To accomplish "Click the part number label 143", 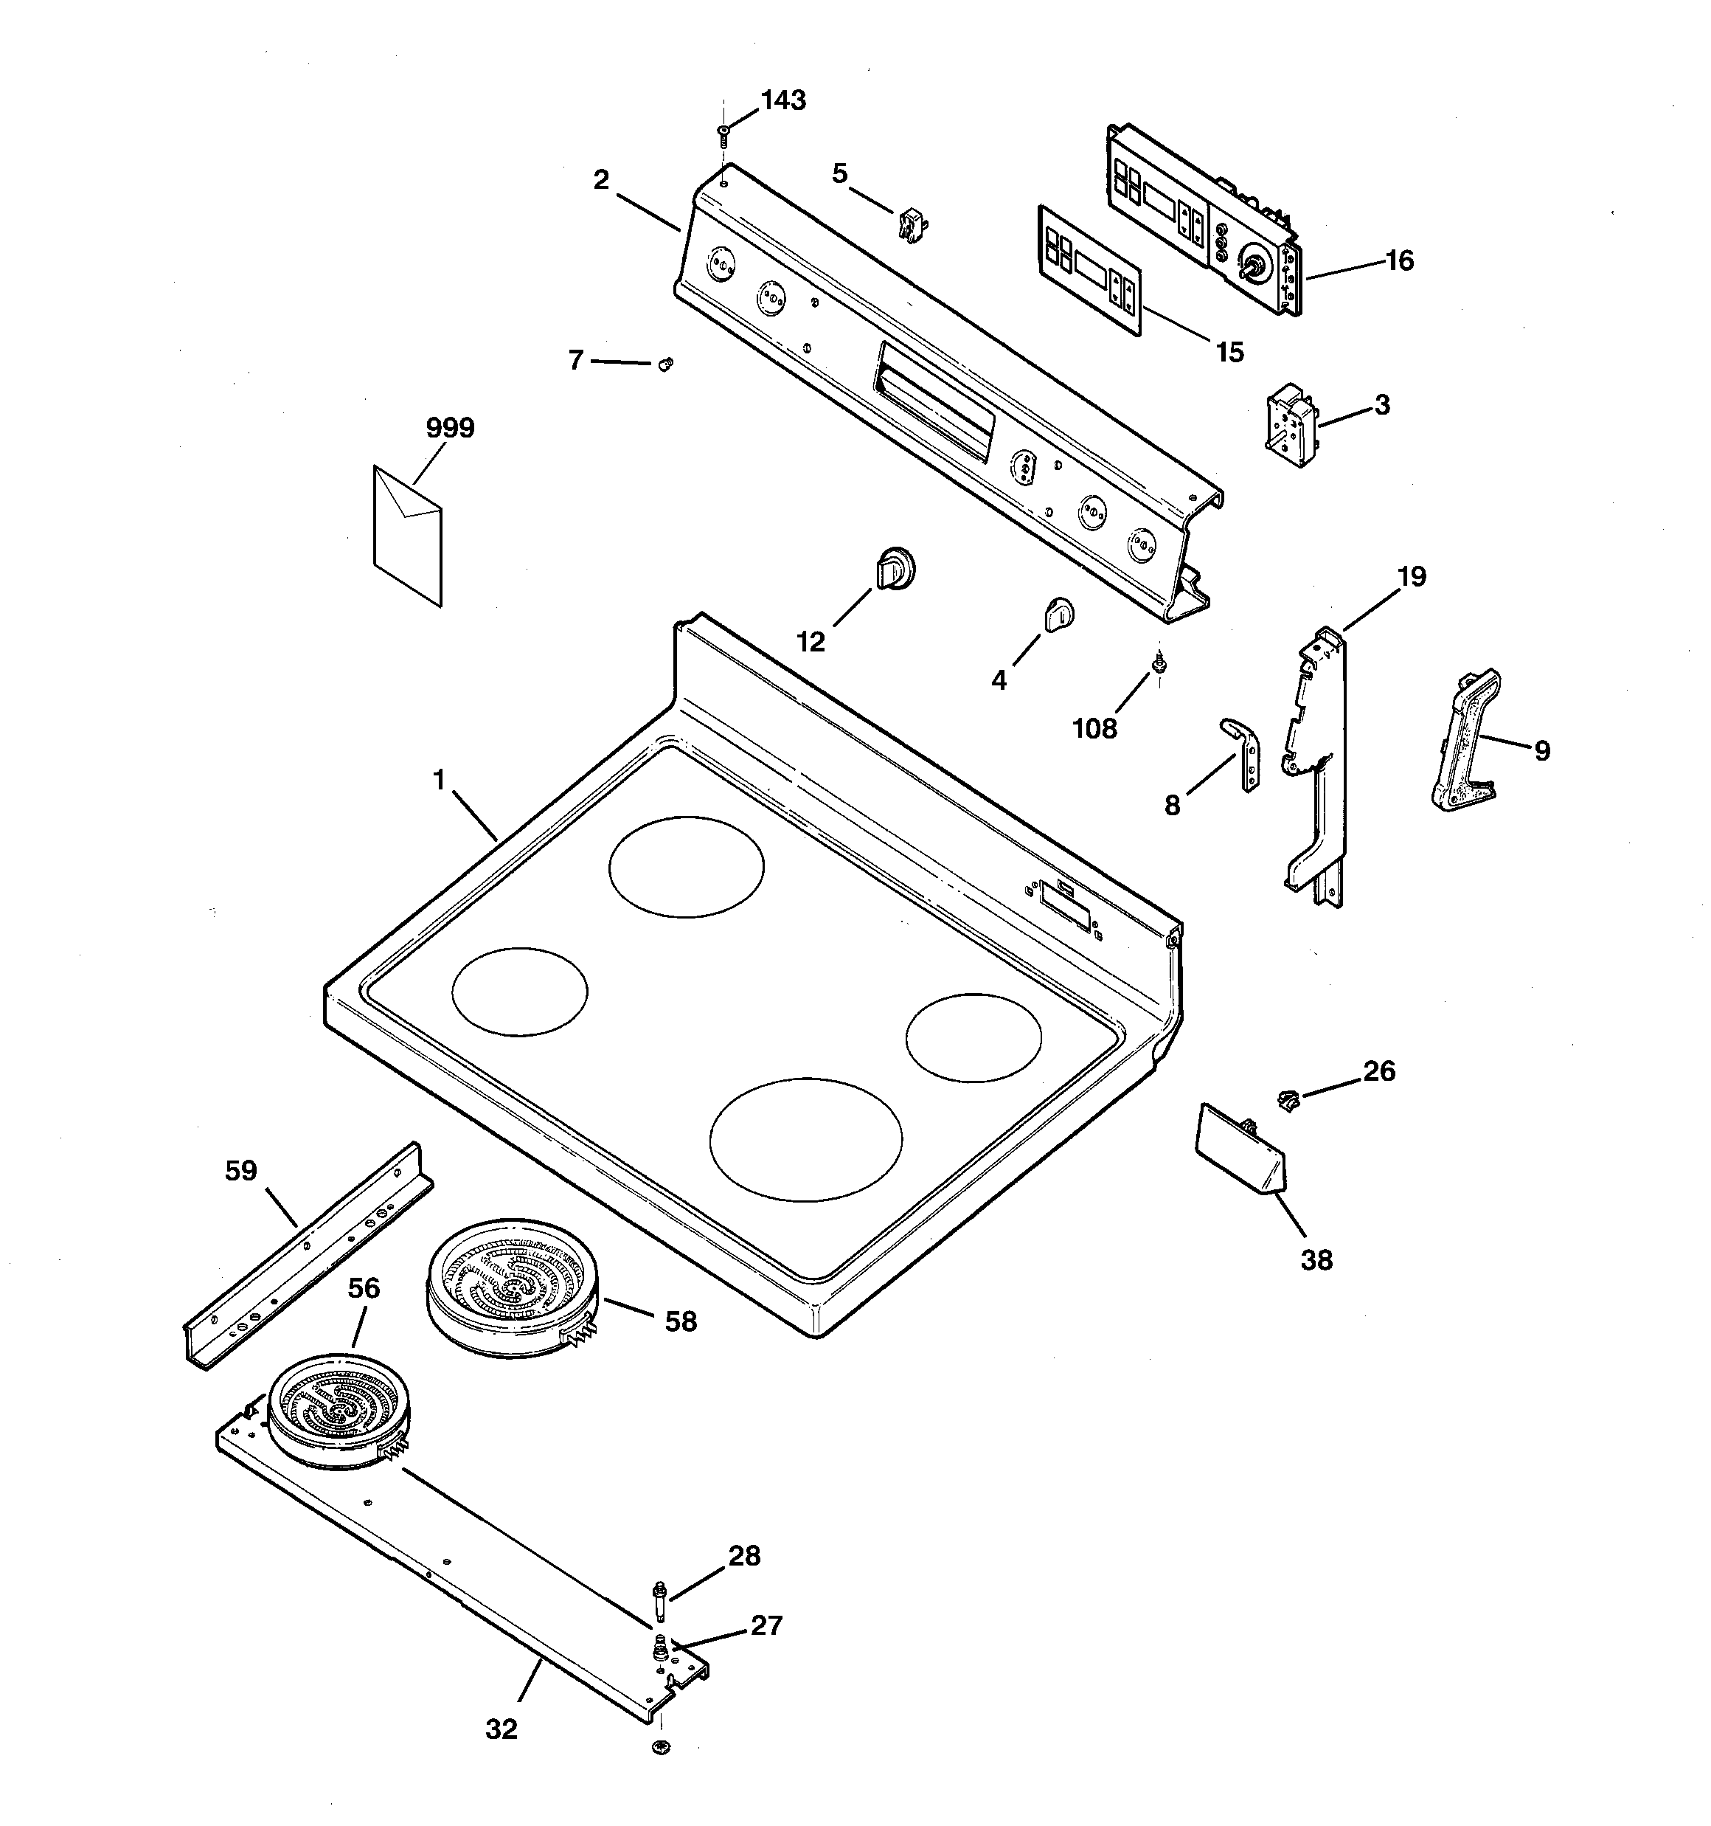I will coord(783,100).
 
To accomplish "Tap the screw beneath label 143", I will coord(723,136).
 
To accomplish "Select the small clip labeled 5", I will coord(909,225).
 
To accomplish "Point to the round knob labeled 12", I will coord(895,570).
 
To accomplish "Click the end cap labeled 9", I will coord(1465,742).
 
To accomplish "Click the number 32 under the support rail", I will coord(502,1729).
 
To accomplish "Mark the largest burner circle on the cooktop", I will coord(805,1139).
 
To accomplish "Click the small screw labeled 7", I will coord(667,364).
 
